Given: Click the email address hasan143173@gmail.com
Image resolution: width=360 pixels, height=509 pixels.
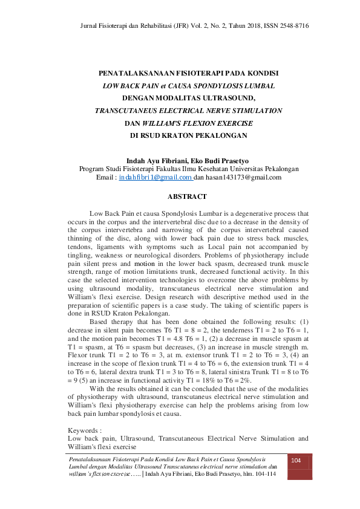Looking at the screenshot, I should coord(247,178).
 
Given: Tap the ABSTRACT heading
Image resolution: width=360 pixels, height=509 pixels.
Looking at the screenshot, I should coord(187,196).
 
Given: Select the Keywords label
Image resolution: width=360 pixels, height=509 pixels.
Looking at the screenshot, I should coord(85,430).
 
